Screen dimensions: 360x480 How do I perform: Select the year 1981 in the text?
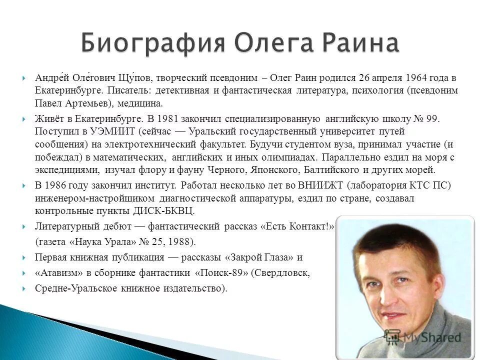167,119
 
